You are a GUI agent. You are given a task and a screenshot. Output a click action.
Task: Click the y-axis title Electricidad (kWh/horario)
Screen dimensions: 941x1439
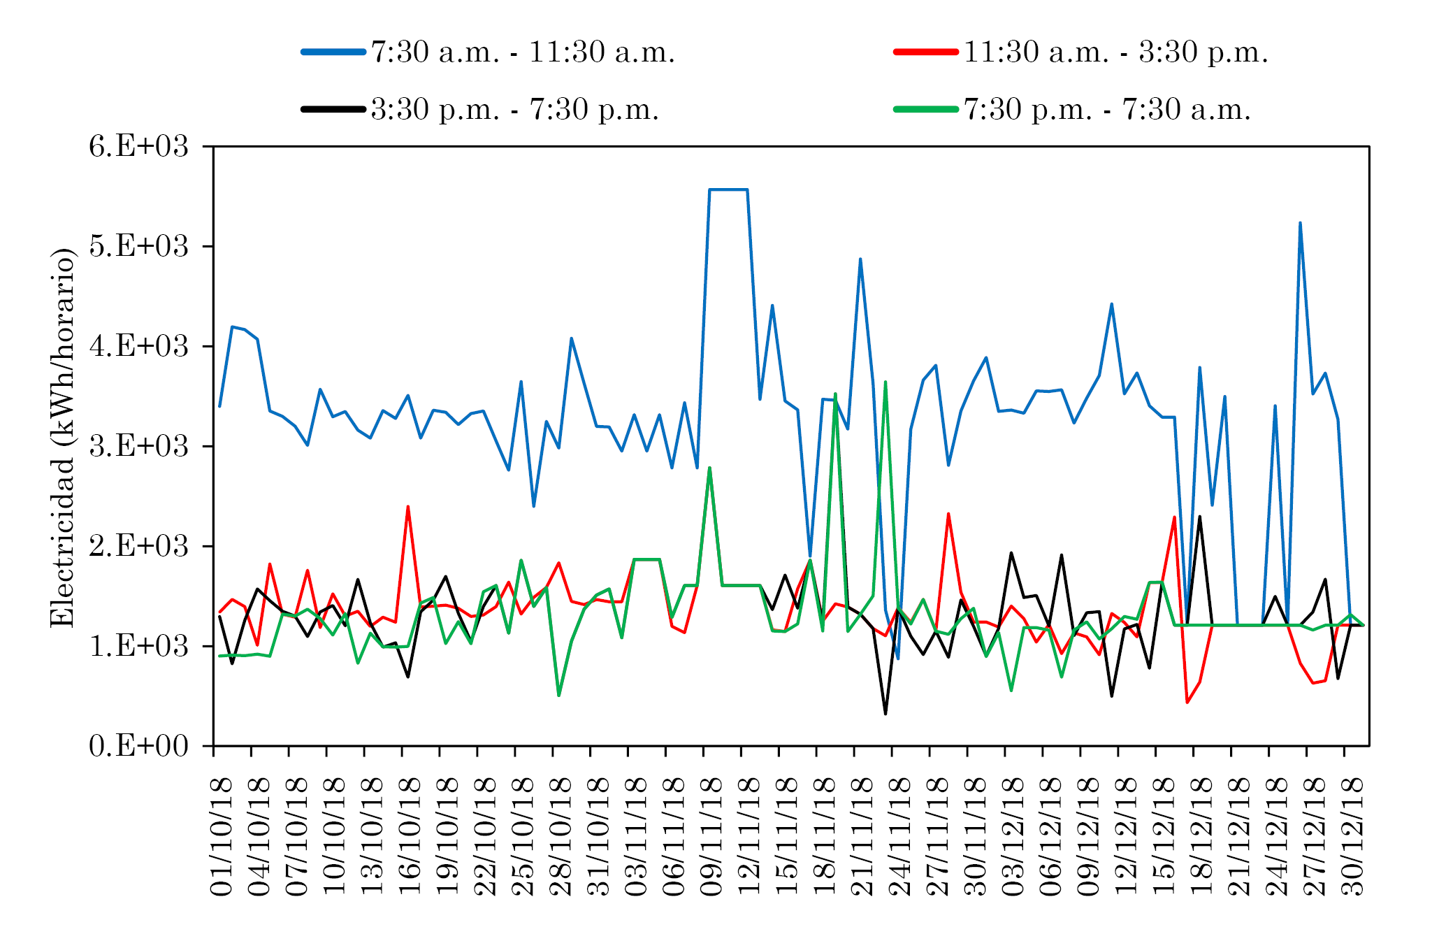pos(62,438)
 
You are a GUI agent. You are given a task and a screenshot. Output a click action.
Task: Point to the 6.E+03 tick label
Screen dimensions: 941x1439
pos(139,148)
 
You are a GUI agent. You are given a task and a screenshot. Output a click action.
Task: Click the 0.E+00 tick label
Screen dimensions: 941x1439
pos(139,746)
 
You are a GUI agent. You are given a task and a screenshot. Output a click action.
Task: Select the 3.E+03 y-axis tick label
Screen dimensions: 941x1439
pos(139,447)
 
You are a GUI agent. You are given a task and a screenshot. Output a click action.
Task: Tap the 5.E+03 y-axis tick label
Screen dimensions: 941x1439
pos(139,247)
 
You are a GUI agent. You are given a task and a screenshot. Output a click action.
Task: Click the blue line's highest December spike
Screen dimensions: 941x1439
pos(1300,223)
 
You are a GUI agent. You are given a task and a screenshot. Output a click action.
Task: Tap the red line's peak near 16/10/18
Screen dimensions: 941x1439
pos(408,507)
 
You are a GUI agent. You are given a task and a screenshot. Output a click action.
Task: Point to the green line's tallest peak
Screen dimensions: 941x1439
pos(885,382)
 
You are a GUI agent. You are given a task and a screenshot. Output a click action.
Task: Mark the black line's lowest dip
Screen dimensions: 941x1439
pos(885,713)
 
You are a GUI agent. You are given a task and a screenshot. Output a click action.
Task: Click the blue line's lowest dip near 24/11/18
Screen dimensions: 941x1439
pos(898,658)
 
